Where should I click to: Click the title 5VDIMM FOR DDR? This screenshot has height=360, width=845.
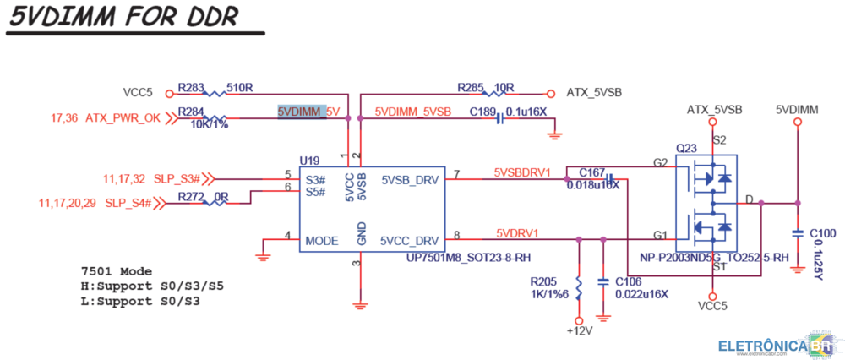[123, 17]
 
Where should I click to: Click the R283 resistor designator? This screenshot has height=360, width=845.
[191, 87]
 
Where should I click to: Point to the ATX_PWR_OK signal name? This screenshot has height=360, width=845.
[123, 118]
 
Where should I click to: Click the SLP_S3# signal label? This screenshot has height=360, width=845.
[177, 178]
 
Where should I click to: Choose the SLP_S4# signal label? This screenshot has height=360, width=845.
[128, 203]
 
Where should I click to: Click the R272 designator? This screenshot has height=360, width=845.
[191, 197]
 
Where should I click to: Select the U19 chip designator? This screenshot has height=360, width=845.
[308, 160]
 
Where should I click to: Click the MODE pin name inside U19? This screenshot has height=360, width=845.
[322, 240]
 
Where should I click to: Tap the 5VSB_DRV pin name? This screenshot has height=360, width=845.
[409, 179]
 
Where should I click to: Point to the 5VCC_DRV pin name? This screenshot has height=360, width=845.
[409, 240]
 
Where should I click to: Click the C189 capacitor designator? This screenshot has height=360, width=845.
[482, 111]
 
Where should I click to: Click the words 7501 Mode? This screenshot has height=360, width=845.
[117, 272]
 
